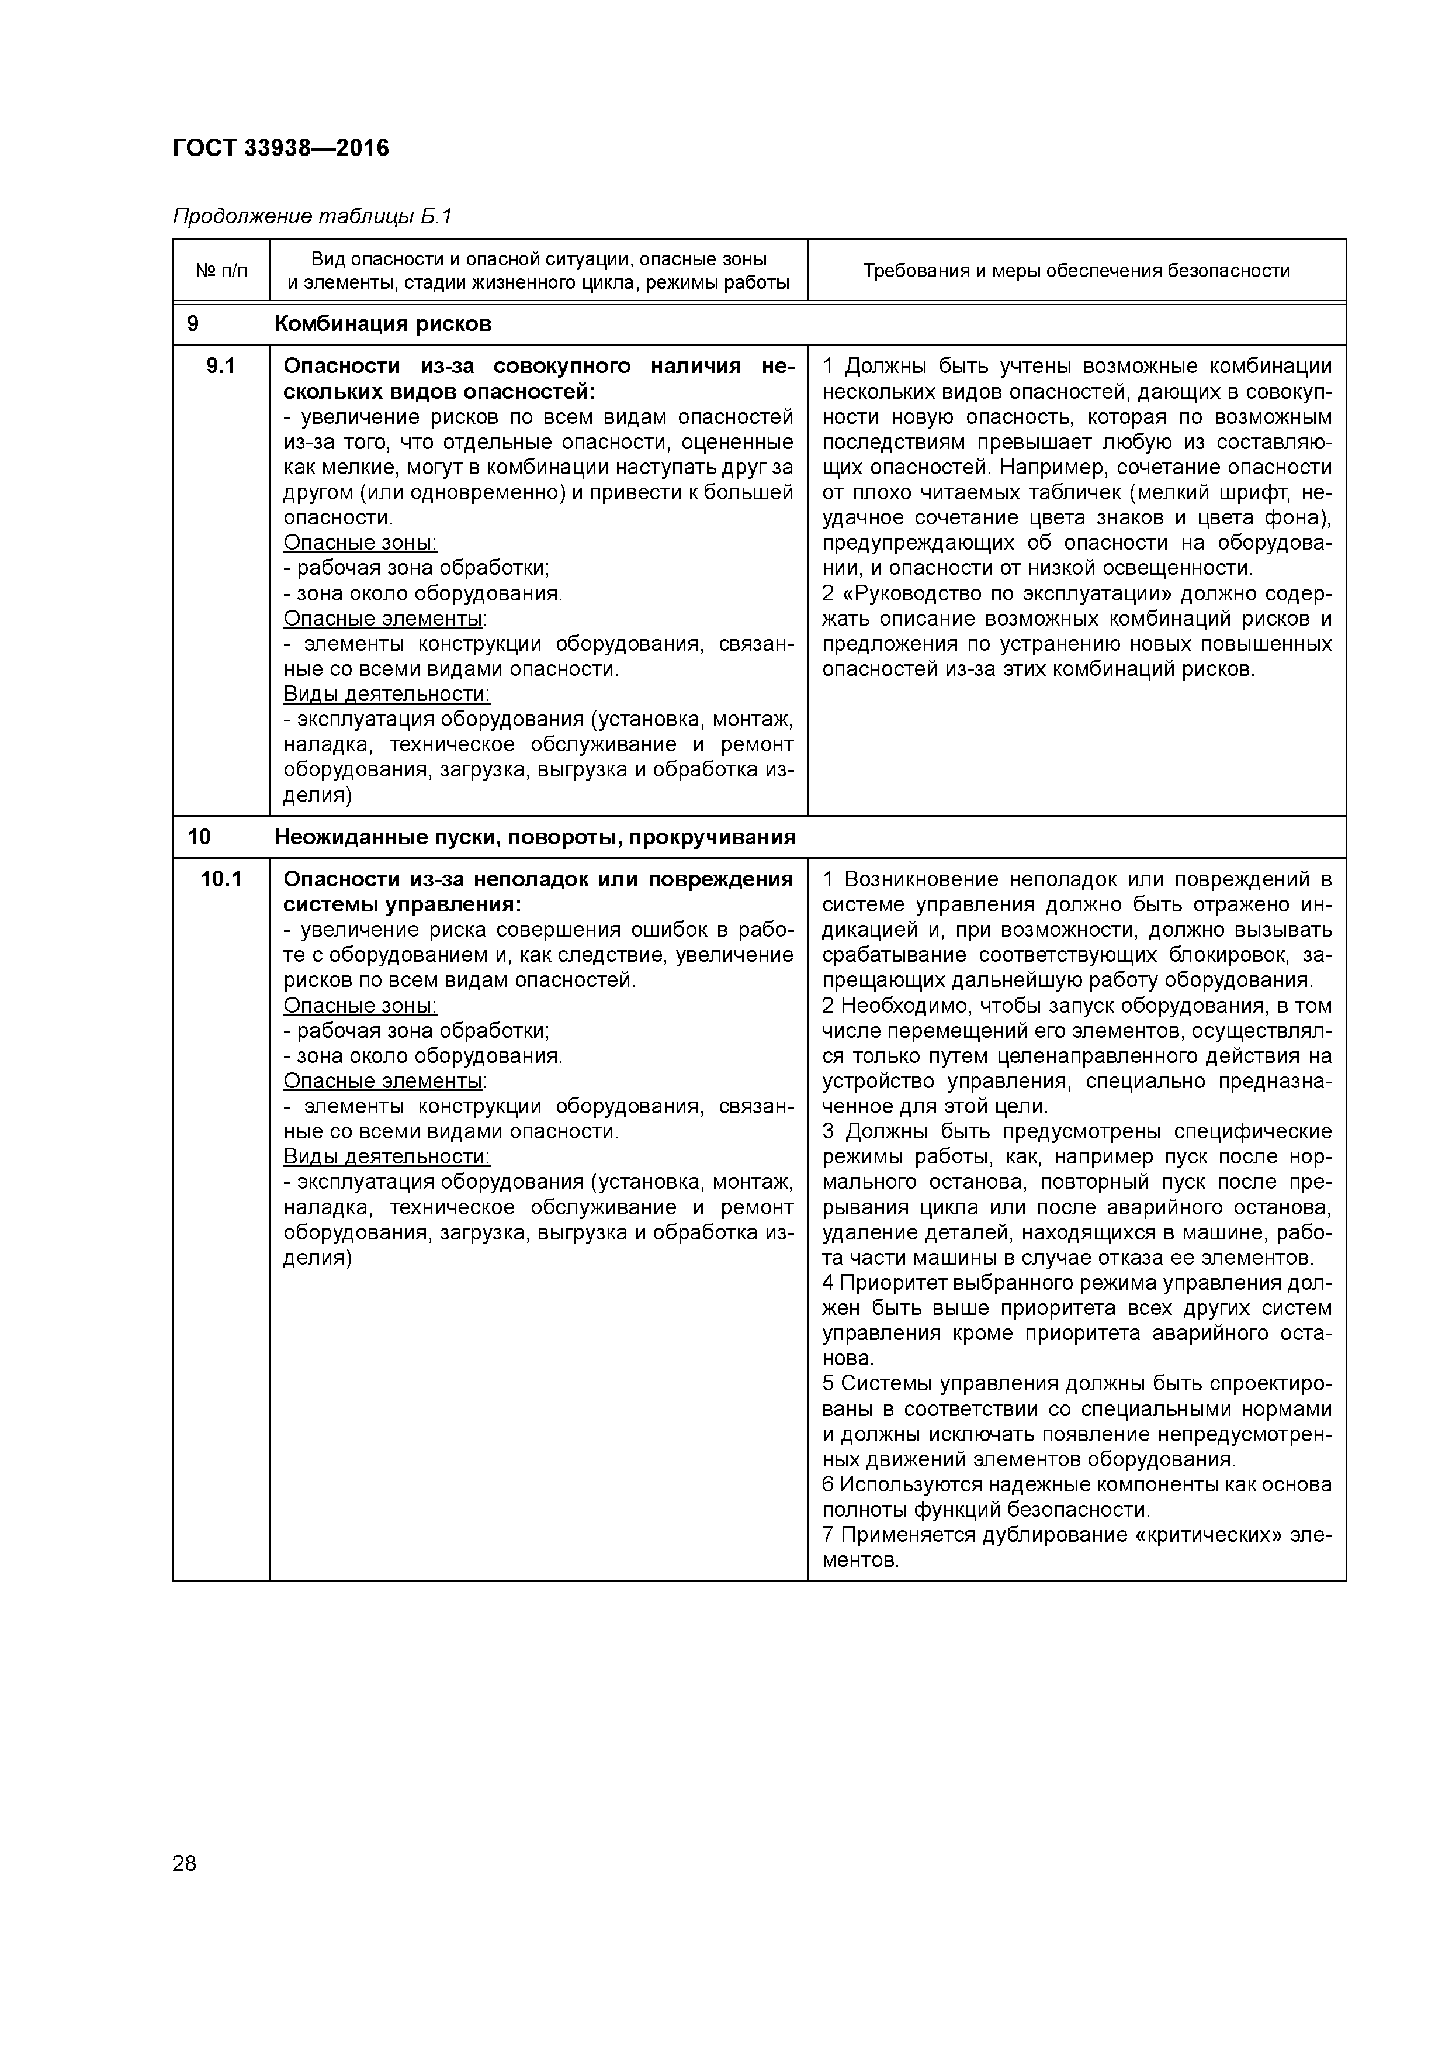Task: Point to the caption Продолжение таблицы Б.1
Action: point(313,216)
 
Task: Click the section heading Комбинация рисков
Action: point(383,323)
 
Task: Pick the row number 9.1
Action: point(220,365)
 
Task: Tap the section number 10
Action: point(199,837)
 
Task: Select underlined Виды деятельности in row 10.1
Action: point(387,1157)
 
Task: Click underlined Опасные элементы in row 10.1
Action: point(384,1081)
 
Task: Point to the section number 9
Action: point(193,323)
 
